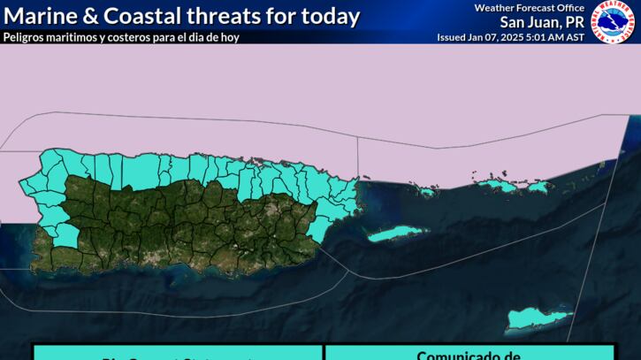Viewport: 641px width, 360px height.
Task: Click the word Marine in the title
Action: pos(40,16)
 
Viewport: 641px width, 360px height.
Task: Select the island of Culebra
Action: pos(426,191)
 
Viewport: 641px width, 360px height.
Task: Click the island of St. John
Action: pos(536,188)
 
